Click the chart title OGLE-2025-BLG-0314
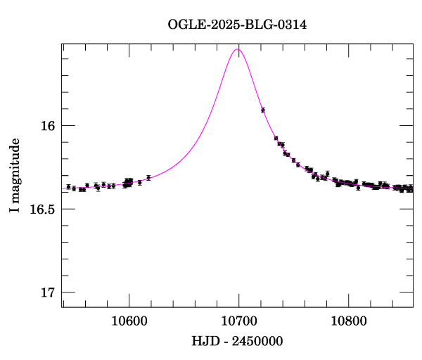(x=238, y=25)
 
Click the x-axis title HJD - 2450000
(x=238, y=341)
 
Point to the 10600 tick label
(x=129, y=321)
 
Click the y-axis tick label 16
(x=47, y=127)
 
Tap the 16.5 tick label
(x=41, y=210)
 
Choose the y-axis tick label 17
(x=47, y=292)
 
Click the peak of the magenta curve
(x=238, y=49)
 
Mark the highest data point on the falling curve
(x=262, y=110)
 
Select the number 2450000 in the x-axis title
(x=257, y=341)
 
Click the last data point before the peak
(x=148, y=178)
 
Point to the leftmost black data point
(x=68, y=187)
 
